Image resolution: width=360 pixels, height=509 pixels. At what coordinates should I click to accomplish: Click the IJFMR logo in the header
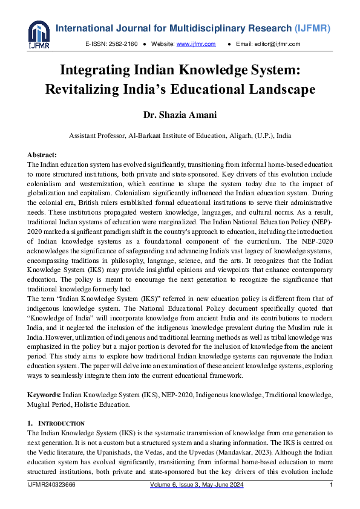click(38, 35)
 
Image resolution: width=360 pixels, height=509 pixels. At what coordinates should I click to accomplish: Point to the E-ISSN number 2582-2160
click(123, 44)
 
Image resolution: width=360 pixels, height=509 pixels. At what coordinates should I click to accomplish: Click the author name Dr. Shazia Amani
click(180, 115)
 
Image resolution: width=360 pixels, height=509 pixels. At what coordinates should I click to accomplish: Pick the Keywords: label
click(44, 394)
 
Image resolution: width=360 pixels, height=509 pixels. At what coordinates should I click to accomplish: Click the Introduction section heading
click(61, 423)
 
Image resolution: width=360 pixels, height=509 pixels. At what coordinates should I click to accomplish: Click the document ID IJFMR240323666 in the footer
click(51, 485)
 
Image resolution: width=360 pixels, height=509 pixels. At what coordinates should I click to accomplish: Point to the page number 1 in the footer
click(331, 485)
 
